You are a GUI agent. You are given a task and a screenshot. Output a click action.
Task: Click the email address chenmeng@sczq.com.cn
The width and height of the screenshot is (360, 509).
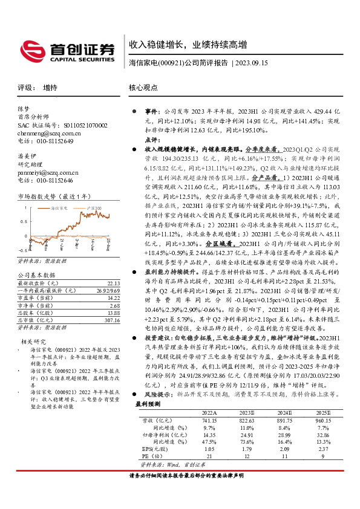tap(50, 133)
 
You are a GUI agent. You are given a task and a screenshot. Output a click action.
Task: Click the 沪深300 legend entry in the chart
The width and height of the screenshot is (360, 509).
tap(95, 207)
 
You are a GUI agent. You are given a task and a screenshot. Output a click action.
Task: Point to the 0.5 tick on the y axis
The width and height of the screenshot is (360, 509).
tap(23, 221)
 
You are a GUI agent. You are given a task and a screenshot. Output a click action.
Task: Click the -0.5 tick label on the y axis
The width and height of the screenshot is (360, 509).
tap(23, 249)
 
